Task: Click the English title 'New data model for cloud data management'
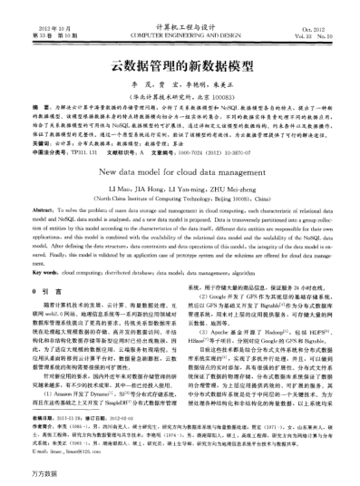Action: pyautogui.click(x=180, y=169)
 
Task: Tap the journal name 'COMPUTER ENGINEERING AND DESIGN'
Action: pyautogui.click(x=180, y=25)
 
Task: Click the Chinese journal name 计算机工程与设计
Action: pyautogui.click(x=180, y=16)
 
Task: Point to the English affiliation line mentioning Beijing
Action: pyautogui.click(x=180, y=196)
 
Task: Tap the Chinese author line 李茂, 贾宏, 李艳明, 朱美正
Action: pyautogui.click(x=180, y=82)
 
